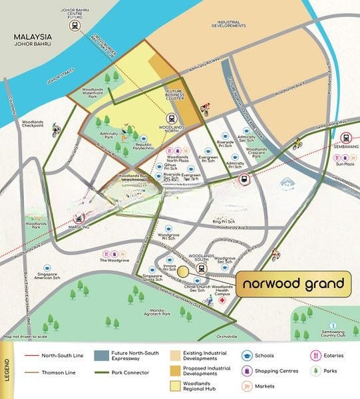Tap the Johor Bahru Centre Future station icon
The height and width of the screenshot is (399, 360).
(x=76, y=26)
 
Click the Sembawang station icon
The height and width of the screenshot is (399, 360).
(x=345, y=136)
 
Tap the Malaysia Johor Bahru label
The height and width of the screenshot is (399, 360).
(x=29, y=41)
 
